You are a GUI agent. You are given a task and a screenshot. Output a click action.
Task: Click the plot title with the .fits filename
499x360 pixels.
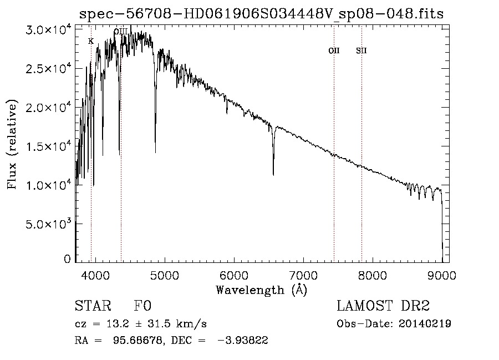261,14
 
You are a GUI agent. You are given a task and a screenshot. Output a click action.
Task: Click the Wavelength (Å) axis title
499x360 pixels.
261,290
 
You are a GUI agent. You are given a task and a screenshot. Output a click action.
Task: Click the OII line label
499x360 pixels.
334,51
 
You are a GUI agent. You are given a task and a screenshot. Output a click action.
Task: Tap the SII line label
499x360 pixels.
361,51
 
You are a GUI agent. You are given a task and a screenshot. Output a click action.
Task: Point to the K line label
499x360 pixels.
91,41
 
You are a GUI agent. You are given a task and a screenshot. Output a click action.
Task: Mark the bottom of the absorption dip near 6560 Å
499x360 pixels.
273,175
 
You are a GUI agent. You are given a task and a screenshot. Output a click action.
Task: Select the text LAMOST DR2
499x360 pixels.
383,306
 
